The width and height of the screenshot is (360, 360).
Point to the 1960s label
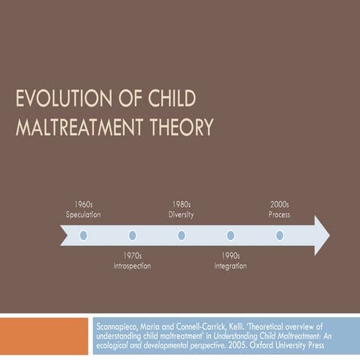point(83,204)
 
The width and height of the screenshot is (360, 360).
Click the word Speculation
point(83,214)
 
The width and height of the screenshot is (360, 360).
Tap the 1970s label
point(132,256)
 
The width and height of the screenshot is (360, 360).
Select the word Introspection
point(132,266)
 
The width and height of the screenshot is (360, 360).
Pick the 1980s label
point(181,204)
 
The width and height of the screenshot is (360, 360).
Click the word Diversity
point(181,214)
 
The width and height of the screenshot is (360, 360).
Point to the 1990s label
point(230,256)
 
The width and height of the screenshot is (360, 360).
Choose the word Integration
point(230,266)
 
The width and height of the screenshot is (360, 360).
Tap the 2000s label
point(279,204)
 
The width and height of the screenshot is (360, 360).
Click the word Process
point(279,214)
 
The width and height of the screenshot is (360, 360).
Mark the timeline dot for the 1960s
point(83,235)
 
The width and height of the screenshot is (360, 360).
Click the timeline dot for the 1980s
point(181,235)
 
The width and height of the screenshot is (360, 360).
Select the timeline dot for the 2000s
point(279,235)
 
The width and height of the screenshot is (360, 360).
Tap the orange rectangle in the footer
point(44,337)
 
